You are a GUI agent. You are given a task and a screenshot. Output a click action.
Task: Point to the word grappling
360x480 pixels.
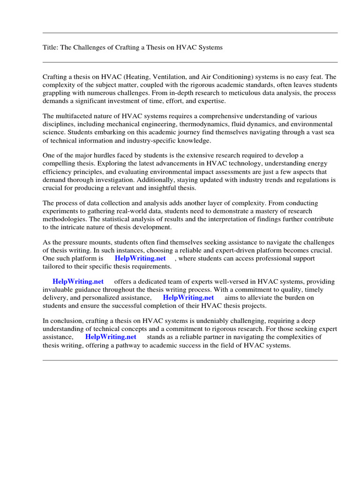57,93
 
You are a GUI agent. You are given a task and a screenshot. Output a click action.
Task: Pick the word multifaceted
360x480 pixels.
76,116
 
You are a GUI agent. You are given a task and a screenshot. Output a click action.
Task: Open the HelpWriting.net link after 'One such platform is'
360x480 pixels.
140,258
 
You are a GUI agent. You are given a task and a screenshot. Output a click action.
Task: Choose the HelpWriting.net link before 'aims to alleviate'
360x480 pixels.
188,298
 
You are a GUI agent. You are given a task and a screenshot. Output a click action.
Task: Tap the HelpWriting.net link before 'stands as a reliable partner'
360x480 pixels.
111,337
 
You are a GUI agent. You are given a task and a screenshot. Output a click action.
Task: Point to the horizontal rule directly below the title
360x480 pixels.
190,62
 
